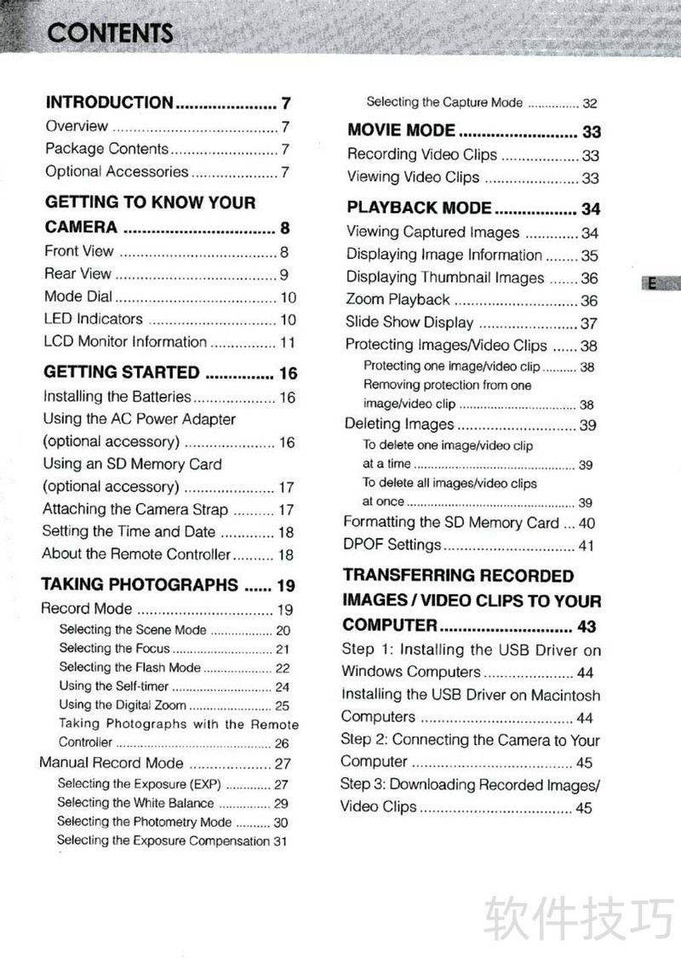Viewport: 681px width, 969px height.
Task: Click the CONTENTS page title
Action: tap(111, 33)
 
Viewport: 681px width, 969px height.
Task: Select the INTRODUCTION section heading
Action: tap(109, 103)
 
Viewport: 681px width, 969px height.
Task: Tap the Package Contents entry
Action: tap(106, 149)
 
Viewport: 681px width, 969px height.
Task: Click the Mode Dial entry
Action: tap(77, 297)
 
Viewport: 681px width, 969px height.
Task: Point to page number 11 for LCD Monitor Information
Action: tap(288, 342)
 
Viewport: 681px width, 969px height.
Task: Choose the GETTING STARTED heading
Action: tap(121, 373)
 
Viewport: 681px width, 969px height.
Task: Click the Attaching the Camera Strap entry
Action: tap(135, 510)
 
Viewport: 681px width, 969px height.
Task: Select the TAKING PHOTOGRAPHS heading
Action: tap(140, 585)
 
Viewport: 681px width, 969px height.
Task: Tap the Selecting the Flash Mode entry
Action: tap(130, 668)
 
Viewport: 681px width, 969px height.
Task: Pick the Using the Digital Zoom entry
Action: tap(123, 705)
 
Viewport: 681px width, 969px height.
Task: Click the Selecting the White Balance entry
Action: tap(135, 803)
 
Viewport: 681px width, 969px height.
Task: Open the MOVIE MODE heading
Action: tap(401, 131)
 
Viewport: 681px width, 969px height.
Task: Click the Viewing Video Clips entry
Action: tap(413, 177)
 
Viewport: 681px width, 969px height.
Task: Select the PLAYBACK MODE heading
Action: tap(419, 208)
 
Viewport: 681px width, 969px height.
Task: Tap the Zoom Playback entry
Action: tap(398, 300)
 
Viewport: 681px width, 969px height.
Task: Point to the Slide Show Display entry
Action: tap(409, 323)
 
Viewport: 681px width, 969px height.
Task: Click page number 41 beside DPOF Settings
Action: tap(587, 546)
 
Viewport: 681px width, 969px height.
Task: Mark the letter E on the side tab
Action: tap(652, 284)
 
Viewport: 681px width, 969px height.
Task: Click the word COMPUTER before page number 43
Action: tap(390, 626)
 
